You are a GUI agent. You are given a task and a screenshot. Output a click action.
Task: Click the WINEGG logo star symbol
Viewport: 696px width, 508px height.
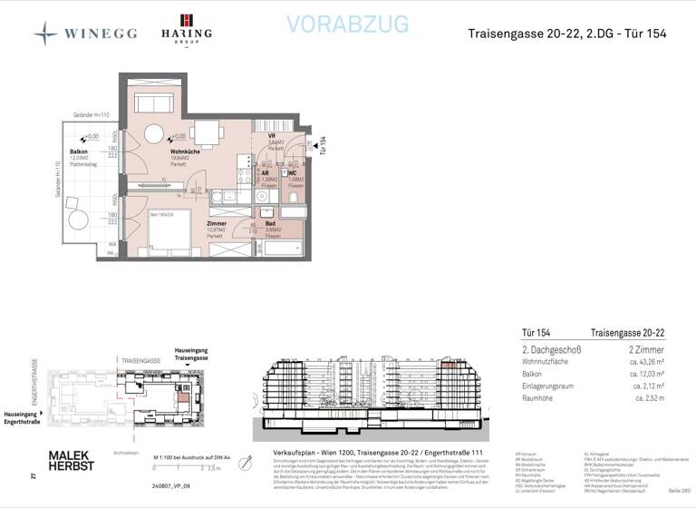click(45, 34)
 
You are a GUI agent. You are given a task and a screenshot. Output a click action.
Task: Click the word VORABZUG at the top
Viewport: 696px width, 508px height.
click(347, 24)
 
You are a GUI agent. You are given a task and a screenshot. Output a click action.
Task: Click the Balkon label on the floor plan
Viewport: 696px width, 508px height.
click(79, 151)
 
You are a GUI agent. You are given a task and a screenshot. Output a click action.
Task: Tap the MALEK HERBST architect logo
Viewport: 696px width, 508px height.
click(70, 459)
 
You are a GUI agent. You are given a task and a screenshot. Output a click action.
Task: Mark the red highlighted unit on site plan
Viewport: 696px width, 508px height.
click(183, 397)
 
